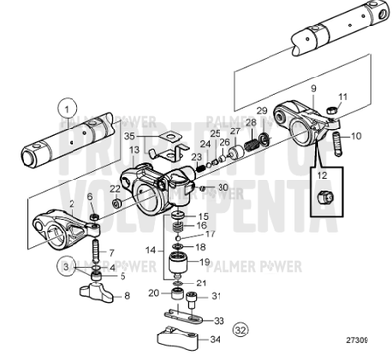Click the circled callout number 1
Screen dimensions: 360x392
click(66, 110)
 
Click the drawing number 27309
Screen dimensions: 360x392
click(359, 342)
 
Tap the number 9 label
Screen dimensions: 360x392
click(314, 89)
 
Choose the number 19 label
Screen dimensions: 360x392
click(204, 262)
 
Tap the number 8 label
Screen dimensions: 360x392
click(124, 295)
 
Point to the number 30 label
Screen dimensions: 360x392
click(224, 187)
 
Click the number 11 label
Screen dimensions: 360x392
click(343, 98)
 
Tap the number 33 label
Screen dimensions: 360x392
click(218, 320)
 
